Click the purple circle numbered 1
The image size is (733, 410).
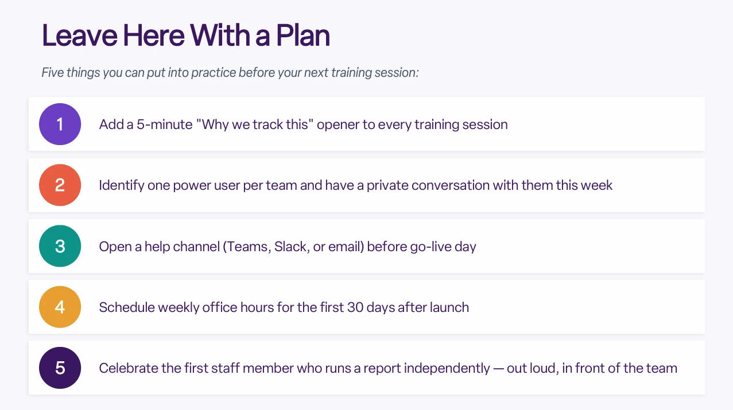click(x=60, y=124)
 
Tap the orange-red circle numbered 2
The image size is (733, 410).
click(x=60, y=185)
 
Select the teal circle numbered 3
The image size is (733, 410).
click(x=60, y=246)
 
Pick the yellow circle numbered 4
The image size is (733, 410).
click(x=60, y=307)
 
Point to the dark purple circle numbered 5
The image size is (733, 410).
click(x=60, y=368)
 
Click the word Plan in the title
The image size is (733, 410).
click(x=303, y=36)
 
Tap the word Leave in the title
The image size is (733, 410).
click(x=80, y=36)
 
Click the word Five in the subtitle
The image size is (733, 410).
click(x=53, y=72)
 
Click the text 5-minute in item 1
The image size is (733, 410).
click(x=165, y=124)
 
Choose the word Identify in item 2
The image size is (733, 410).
click(x=122, y=185)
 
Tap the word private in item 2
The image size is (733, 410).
click(x=387, y=186)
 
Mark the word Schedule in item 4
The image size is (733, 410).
click(x=127, y=307)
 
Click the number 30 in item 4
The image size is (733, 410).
click(x=355, y=307)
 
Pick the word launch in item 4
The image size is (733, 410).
click(x=449, y=307)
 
